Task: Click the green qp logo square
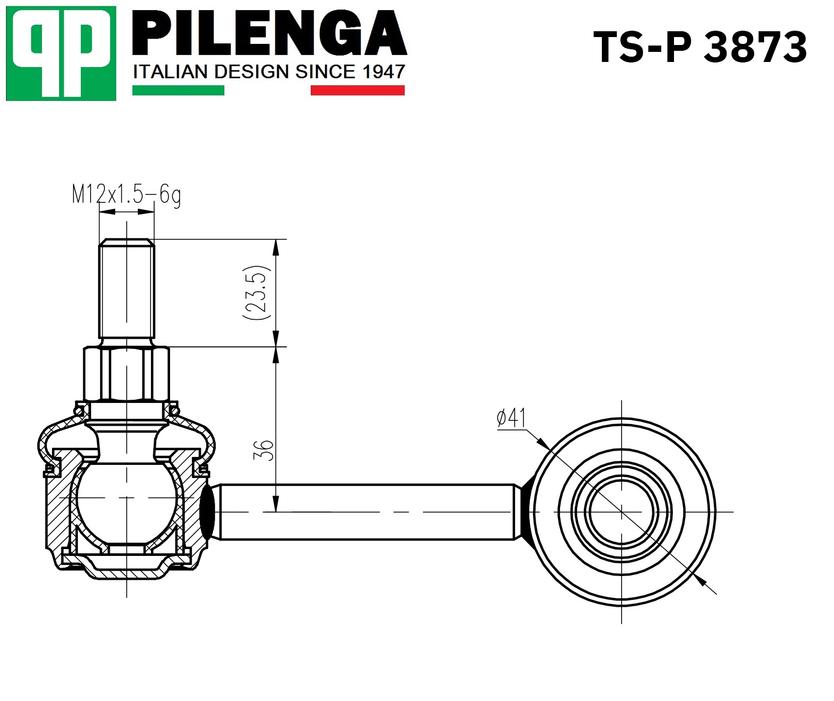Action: [61, 53]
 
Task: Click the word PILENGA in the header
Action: [269, 33]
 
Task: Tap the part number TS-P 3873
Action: [700, 48]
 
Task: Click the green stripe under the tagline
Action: [178, 91]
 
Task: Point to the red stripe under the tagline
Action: [358, 91]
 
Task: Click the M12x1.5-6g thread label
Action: [127, 195]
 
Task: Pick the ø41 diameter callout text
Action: [512, 418]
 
